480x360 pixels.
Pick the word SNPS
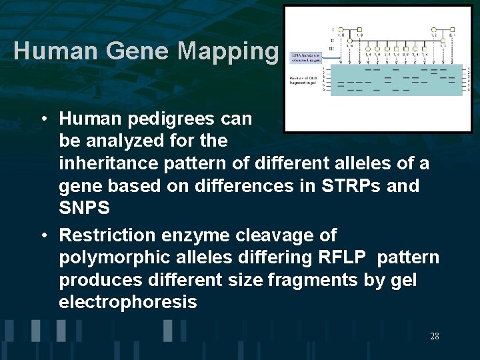coord(84,208)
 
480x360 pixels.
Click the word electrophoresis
coord(128,303)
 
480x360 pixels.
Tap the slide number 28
coord(434,336)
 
